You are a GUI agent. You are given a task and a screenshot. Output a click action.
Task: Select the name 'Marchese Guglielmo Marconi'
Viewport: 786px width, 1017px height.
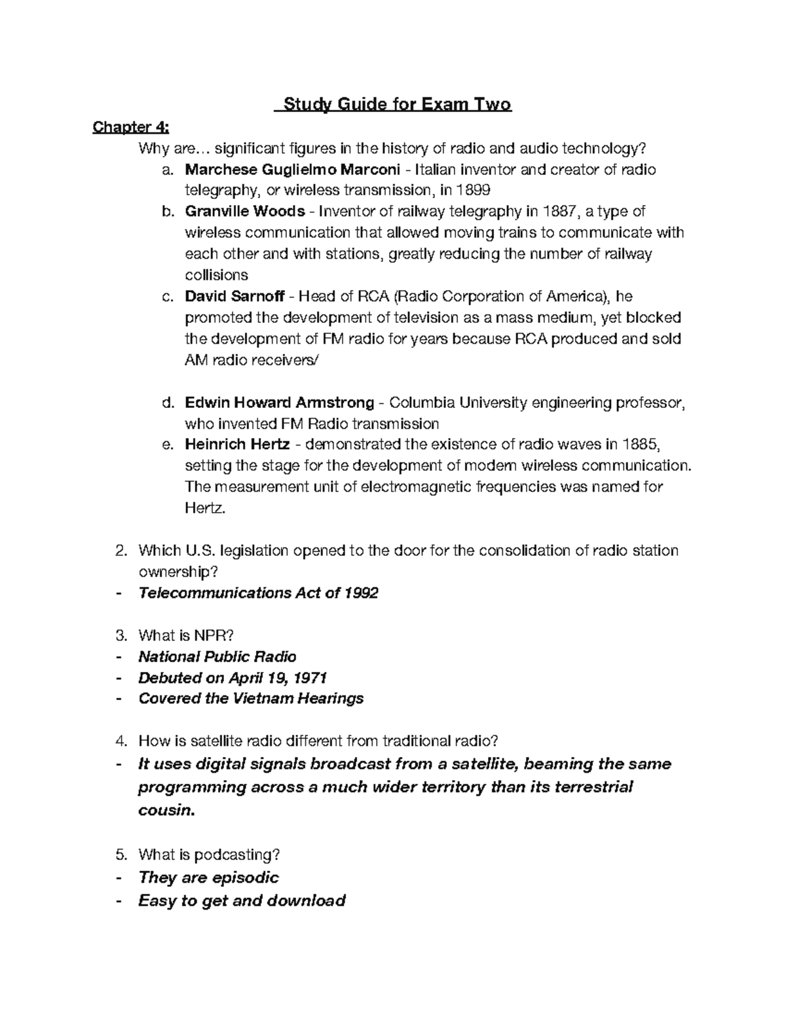click(x=292, y=170)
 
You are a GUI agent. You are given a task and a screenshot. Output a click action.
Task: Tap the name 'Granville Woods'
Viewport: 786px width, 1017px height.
click(x=245, y=212)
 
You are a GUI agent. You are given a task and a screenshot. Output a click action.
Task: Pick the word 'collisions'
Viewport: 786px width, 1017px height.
click(x=217, y=275)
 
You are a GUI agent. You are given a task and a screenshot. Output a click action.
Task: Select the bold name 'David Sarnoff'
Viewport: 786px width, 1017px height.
click(x=234, y=296)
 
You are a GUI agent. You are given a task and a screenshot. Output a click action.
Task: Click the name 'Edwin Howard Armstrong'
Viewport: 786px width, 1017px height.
click(x=280, y=402)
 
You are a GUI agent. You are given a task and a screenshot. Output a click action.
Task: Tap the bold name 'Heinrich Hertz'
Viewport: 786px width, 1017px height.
click(x=237, y=444)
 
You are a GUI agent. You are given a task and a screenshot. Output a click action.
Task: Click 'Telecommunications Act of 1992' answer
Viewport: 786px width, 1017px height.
click(x=258, y=593)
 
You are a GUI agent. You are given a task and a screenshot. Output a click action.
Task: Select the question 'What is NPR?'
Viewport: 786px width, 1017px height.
click(x=186, y=635)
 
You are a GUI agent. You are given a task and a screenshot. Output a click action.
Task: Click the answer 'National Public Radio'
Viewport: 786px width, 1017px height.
click(x=217, y=656)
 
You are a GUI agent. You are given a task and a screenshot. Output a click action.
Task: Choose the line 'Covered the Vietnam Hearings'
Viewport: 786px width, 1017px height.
click(x=251, y=698)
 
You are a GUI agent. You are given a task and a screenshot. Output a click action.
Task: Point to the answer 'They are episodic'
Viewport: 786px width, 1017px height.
click(x=209, y=878)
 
